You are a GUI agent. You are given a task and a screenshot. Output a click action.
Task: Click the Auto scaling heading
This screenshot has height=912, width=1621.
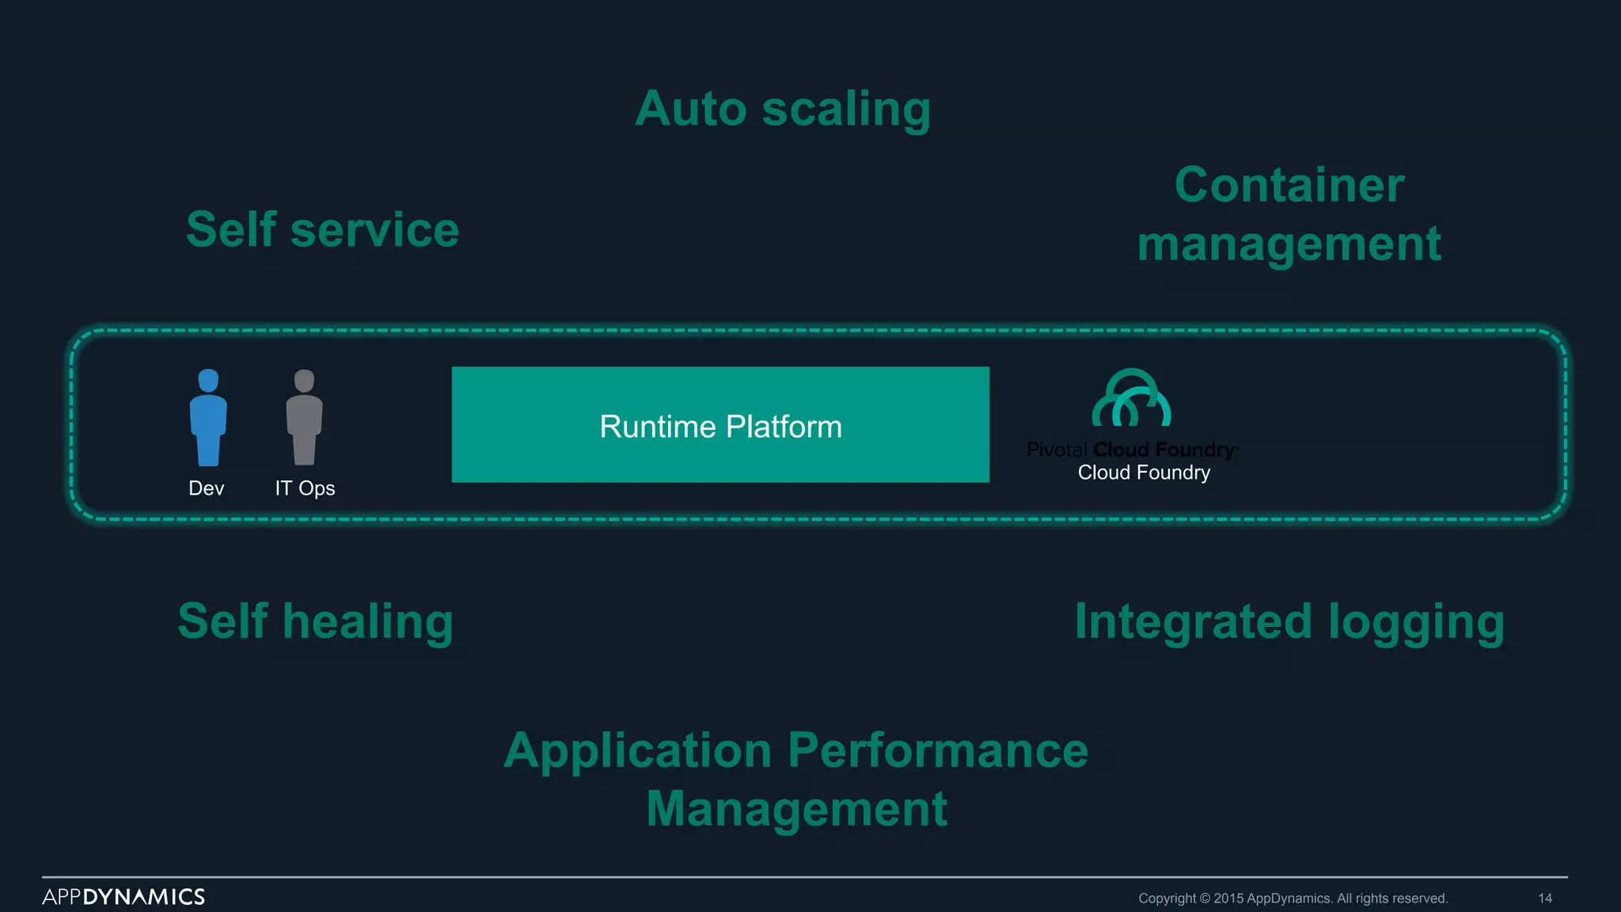coord(782,108)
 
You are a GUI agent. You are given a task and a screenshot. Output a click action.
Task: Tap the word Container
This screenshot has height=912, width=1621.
coord(1289,185)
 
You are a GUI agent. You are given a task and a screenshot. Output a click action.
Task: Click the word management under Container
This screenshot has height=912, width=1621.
coord(1289,244)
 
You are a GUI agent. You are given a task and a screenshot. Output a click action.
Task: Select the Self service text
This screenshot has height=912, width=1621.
coord(322,230)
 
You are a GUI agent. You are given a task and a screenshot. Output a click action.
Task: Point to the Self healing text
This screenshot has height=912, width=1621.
coord(315,621)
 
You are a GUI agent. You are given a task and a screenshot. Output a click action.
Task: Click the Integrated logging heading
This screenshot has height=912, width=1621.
coord(1289,621)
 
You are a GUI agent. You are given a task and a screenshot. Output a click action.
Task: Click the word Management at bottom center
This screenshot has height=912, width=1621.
coord(796,808)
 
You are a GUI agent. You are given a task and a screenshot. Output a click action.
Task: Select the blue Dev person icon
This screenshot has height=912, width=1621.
coord(208,417)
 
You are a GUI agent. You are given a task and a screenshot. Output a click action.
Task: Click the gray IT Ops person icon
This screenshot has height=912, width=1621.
coord(304,417)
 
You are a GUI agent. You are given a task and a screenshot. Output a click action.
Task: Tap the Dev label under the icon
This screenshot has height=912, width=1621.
coord(206,488)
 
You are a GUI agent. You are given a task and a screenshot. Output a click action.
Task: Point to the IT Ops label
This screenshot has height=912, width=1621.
coord(305,488)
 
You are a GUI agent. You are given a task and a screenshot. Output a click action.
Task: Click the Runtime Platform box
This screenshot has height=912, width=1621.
coord(720,425)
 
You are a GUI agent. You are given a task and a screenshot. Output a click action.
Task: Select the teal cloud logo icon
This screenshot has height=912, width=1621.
coord(1131,398)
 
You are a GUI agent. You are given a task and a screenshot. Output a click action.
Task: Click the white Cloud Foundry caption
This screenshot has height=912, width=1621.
coord(1144,473)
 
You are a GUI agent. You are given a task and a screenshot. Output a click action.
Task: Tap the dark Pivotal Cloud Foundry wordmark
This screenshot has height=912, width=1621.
coord(1132,450)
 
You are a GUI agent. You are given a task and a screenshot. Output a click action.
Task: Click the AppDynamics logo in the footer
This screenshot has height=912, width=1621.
coord(123,897)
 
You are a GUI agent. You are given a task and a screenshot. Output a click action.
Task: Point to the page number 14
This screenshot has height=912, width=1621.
coord(1544,899)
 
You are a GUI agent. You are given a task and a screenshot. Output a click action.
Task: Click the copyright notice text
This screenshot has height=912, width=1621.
coord(1293,899)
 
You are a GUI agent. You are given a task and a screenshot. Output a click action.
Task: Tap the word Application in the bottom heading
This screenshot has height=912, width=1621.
coord(637,750)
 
